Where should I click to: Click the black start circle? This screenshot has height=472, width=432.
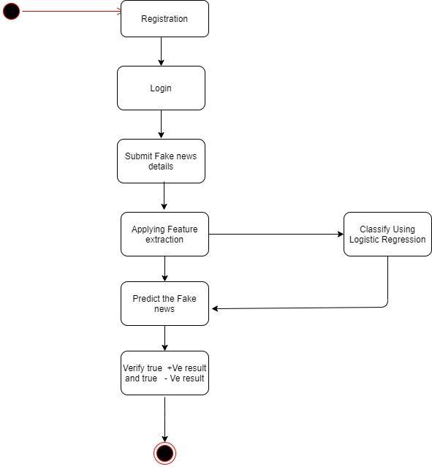pyautogui.click(x=11, y=11)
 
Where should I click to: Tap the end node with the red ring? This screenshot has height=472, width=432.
pyautogui.click(x=164, y=453)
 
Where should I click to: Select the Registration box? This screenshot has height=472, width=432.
pyautogui.click(x=164, y=19)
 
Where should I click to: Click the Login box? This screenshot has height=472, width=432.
pyautogui.click(x=161, y=88)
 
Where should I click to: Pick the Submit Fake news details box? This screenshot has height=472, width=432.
pyautogui.click(x=161, y=161)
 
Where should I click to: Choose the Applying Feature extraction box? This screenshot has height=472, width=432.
pyautogui.click(x=164, y=235)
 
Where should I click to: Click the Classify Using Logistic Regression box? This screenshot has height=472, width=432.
pyautogui.click(x=387, y=235)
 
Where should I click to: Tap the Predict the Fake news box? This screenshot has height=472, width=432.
pyautogui.click(x=164, y=303)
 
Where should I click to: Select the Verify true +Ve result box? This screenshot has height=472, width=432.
pyautogui.click(x=164, y=373)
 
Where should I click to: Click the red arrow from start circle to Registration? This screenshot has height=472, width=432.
pyautogui.click(x=72, y=12)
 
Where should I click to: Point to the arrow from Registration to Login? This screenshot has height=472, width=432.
pyautogui.click(x=161, y=51)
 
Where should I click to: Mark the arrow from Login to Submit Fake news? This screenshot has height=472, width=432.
pyautogui.click(x=161, y=124)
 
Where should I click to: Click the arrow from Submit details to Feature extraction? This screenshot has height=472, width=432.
pyautogui.click(x=164, y=196)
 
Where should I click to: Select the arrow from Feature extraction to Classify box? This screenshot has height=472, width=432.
pyautogui.click(x=276, y=235)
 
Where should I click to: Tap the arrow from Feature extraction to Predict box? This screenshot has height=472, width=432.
pyautogui.click(x=164, y=269)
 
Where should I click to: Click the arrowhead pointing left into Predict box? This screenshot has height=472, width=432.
pyautogui.click(x=215, y=308)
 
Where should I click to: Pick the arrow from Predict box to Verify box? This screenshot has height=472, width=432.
pyautogui.click(x=164, y=338)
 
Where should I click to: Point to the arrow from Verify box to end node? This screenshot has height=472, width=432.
pyautogui.click(x=164, y=419)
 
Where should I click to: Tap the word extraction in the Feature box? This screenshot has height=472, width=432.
pyautogui.click(x=164, y=240)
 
